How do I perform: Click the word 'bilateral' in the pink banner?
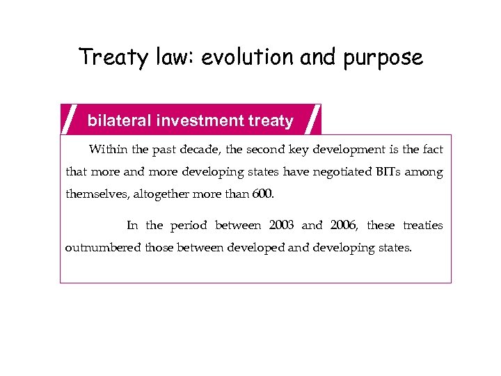click(x=119, y=120)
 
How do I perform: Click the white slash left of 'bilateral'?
click(x=69, y=119)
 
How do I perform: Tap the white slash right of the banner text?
click(x=314, y=119)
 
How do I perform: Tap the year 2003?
click(x=281, y=225)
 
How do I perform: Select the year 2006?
click(x=344, y=225)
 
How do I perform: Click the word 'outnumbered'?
click(x=103, y=247)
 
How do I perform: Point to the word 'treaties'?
click(x=423, y=225)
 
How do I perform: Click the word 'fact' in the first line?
click(x=433, y=150)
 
